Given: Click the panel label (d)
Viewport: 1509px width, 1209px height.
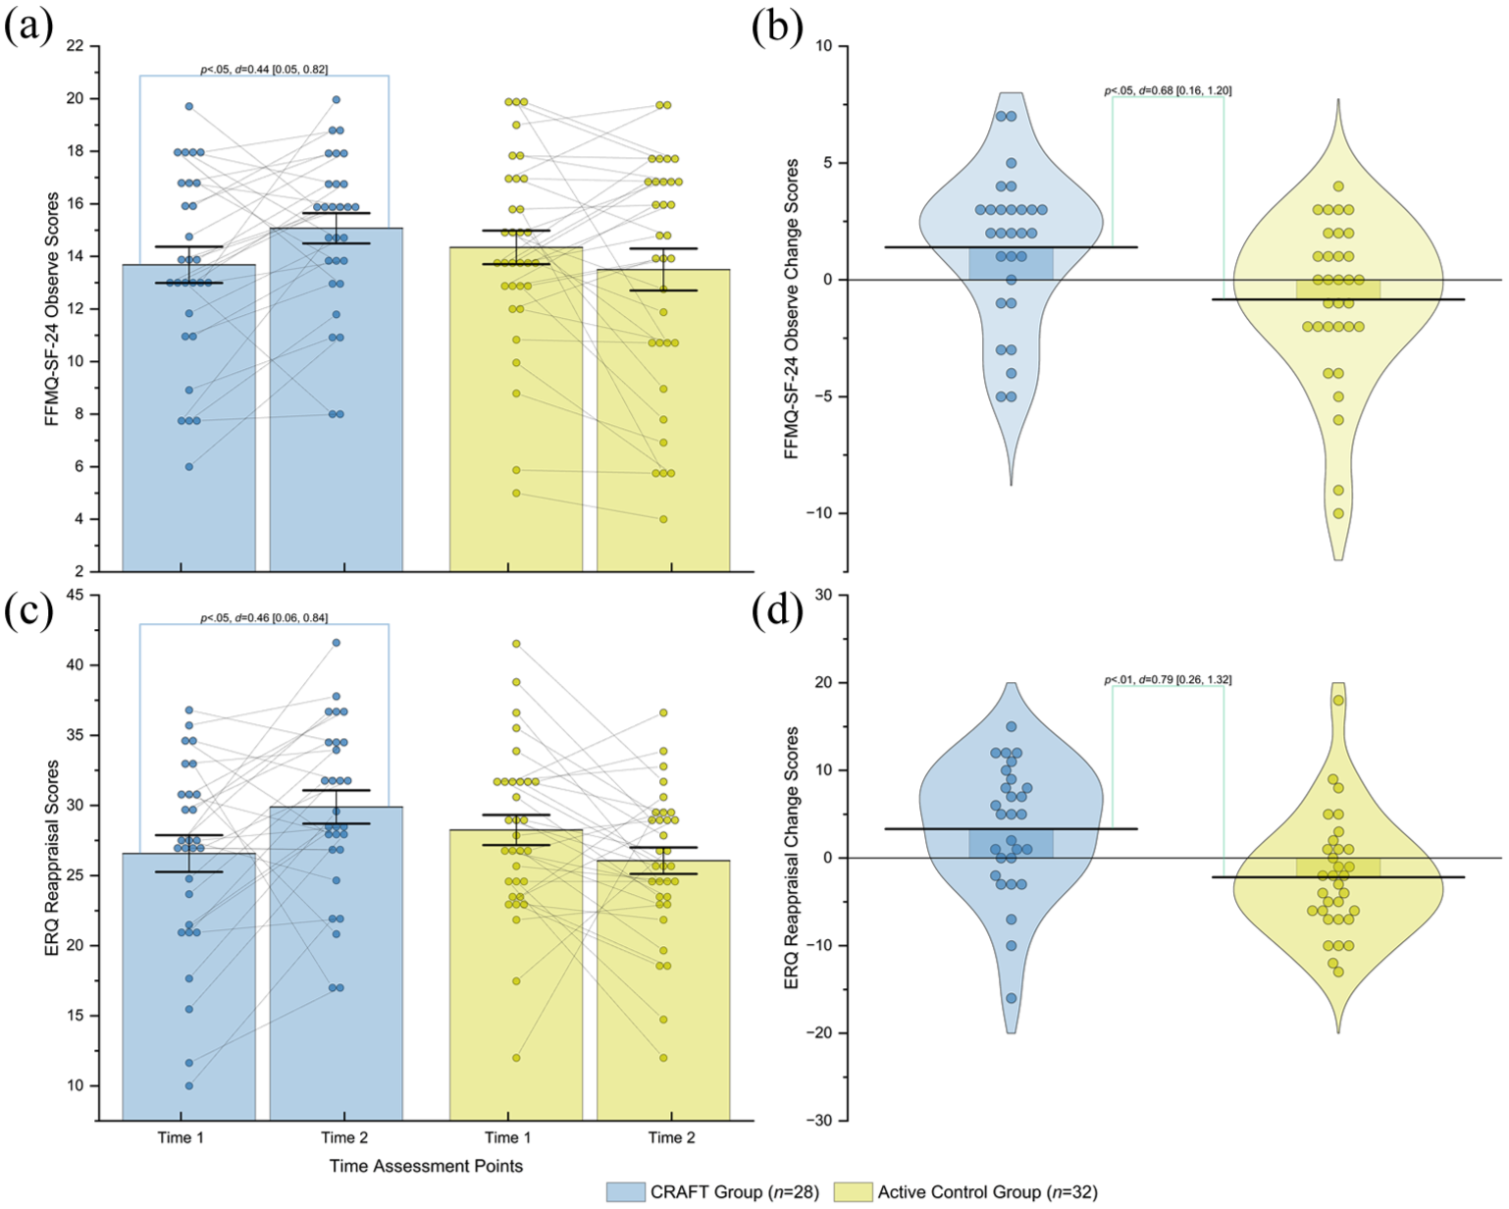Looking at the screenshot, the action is click(778, 612).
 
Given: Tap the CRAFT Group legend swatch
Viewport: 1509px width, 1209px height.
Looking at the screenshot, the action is click(625, 1191).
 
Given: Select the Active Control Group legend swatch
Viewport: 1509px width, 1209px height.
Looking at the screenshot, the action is click(854, 1191).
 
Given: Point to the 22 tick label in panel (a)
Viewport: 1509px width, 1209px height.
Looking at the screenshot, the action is click(75, 46).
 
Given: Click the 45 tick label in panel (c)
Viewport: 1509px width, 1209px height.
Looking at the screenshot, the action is click(75, 596).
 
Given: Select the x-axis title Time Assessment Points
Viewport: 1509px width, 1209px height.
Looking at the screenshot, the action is click(427, 1166).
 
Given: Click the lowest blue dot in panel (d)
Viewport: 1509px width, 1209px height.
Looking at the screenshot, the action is click(1012, 998).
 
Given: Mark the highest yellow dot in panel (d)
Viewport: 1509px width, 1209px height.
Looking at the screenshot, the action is click(1338, 700).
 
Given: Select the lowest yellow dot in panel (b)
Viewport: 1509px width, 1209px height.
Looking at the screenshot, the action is click(1338, 513).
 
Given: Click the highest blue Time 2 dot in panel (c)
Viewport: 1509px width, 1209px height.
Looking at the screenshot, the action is click(337, 643).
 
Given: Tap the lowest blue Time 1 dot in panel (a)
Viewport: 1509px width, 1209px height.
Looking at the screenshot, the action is click(189, 466).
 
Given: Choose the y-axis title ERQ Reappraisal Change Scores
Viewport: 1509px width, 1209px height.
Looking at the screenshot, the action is click(792, 858).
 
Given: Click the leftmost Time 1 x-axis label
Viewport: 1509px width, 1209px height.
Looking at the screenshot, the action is click(181, 1137).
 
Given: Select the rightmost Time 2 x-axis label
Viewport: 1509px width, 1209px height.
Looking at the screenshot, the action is click(672, 1137).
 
